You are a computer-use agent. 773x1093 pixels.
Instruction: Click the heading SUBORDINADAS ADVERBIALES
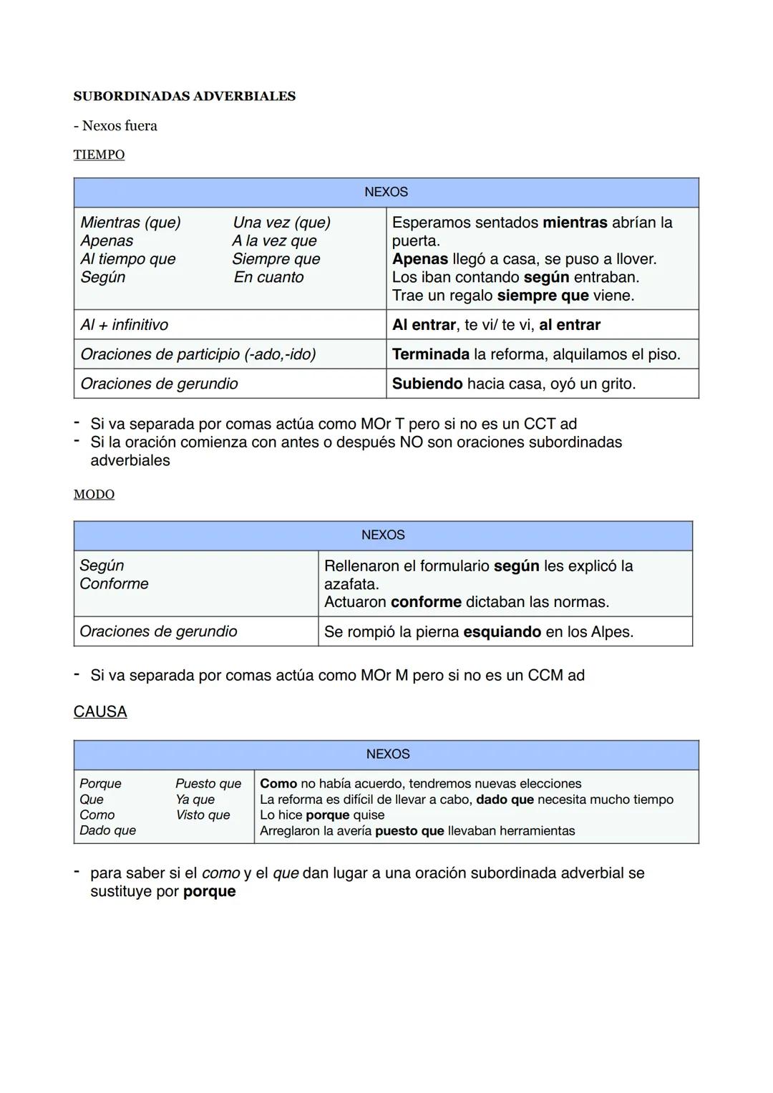point(184,97)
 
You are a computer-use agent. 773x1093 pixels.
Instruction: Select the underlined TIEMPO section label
point(99,155)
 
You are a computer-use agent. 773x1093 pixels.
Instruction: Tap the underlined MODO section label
point(94,495)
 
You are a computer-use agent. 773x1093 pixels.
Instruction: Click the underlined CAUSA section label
point(100,712)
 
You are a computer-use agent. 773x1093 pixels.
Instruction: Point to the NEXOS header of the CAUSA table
point(387,754)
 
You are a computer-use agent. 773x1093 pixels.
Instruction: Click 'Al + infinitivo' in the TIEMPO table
point(124,325)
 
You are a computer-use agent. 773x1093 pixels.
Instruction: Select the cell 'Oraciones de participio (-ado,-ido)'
point(198,354)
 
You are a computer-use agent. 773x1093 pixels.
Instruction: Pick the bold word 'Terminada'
point(430,354)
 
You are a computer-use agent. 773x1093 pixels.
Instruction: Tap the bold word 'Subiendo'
point(427,384)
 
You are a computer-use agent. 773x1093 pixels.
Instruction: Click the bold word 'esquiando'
point(502,632)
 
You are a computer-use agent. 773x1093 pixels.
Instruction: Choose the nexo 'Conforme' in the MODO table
point(114,584)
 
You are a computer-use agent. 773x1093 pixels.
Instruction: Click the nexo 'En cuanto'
point(268,278)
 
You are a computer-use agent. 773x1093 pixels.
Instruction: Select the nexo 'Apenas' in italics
point(107,241)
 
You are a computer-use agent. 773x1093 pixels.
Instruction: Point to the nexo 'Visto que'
point(203,815)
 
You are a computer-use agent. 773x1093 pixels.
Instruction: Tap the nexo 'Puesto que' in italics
point(208,784)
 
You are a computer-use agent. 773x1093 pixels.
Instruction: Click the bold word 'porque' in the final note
point(209,892)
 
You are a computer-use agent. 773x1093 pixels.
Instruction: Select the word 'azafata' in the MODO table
point(350,584)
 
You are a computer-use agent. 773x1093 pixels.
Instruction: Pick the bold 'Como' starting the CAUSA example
point(278,784)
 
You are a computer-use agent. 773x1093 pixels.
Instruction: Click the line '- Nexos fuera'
point(115,126)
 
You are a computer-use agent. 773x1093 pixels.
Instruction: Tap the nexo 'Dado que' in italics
point(107,831)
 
